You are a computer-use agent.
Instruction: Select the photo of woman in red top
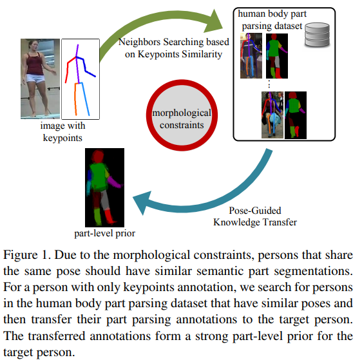40,79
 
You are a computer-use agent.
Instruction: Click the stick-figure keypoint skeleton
79,79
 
